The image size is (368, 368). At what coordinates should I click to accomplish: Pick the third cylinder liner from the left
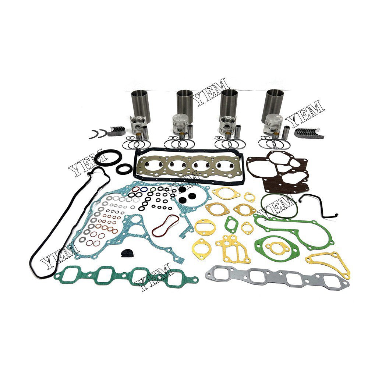[229, 103]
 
